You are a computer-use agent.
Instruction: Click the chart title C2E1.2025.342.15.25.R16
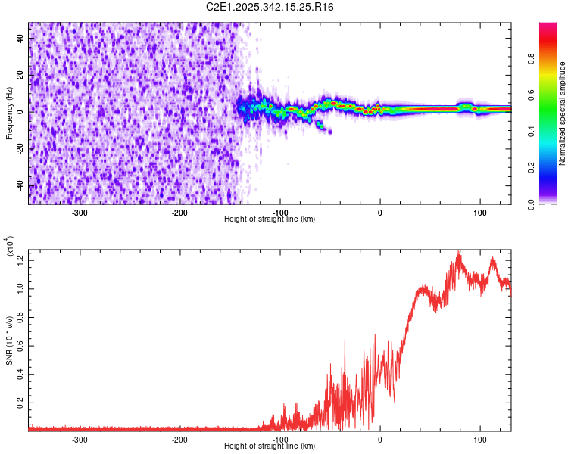point(270,7)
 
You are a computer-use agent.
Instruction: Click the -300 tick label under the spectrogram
point(80,211)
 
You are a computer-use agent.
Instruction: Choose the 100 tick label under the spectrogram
point(479,211)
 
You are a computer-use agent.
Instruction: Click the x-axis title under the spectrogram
point(270,219)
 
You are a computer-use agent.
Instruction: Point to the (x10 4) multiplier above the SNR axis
point(11,246)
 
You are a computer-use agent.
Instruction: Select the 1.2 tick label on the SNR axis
point(20,261)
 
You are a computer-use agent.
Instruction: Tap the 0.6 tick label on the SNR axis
point(20,346)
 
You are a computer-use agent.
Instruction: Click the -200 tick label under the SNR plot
point(179,438)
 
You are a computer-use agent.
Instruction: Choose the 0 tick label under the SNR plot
point(380,438)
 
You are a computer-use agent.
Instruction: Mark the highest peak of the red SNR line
point(459,253)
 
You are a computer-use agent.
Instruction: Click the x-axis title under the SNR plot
point(270,446)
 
